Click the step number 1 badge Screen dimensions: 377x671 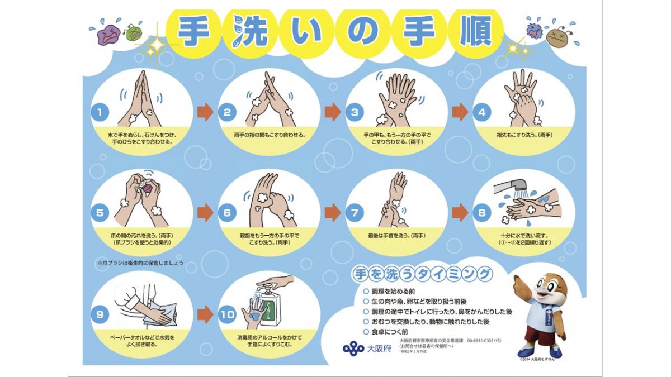click(x=100, y=112)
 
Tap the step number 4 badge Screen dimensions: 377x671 click(x=481, y=112)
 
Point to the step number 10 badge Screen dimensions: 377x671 click(x=228, y=314)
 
